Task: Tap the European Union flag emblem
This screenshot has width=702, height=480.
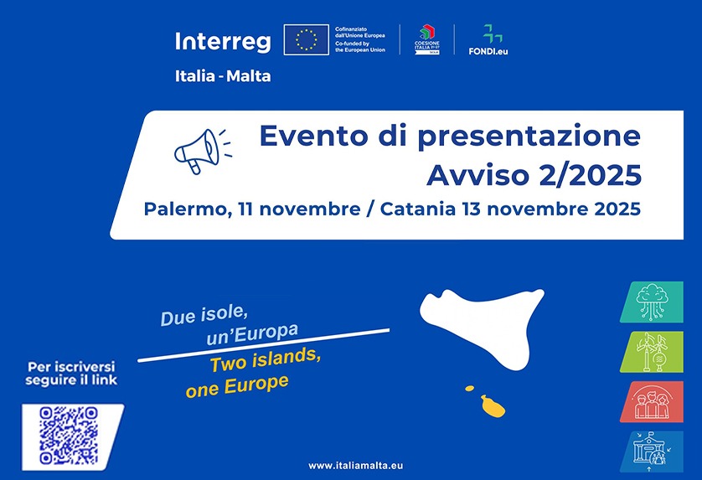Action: coord(306,39)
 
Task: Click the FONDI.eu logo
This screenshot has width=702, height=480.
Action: coord(488,39)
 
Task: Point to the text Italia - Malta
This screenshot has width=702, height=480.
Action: coord(223,75)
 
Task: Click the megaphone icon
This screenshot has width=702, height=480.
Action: coord(200,151)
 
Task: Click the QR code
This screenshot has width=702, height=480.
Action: coord(70,436)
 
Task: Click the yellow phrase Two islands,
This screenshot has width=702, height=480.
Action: coord(265,360)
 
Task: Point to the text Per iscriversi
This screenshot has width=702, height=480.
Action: coord(70,367)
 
